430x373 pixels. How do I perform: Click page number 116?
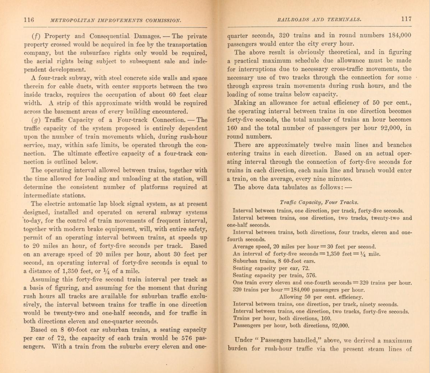pos(29,20)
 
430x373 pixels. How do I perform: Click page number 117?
pos(406,19)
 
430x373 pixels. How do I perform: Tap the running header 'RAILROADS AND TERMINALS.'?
pos(319,19)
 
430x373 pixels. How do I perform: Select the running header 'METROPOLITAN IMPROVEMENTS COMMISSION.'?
pos(115,20)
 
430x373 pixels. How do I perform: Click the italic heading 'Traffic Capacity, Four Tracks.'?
pos(319,203)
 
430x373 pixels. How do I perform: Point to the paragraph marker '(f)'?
pos(36,36)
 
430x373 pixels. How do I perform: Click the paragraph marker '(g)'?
pos(36,120)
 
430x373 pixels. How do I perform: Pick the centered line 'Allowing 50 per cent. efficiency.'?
pos(321,297)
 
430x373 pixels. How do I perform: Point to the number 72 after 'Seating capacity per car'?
pos(305,268)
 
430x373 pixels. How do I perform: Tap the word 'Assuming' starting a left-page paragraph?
pos(44,280)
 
